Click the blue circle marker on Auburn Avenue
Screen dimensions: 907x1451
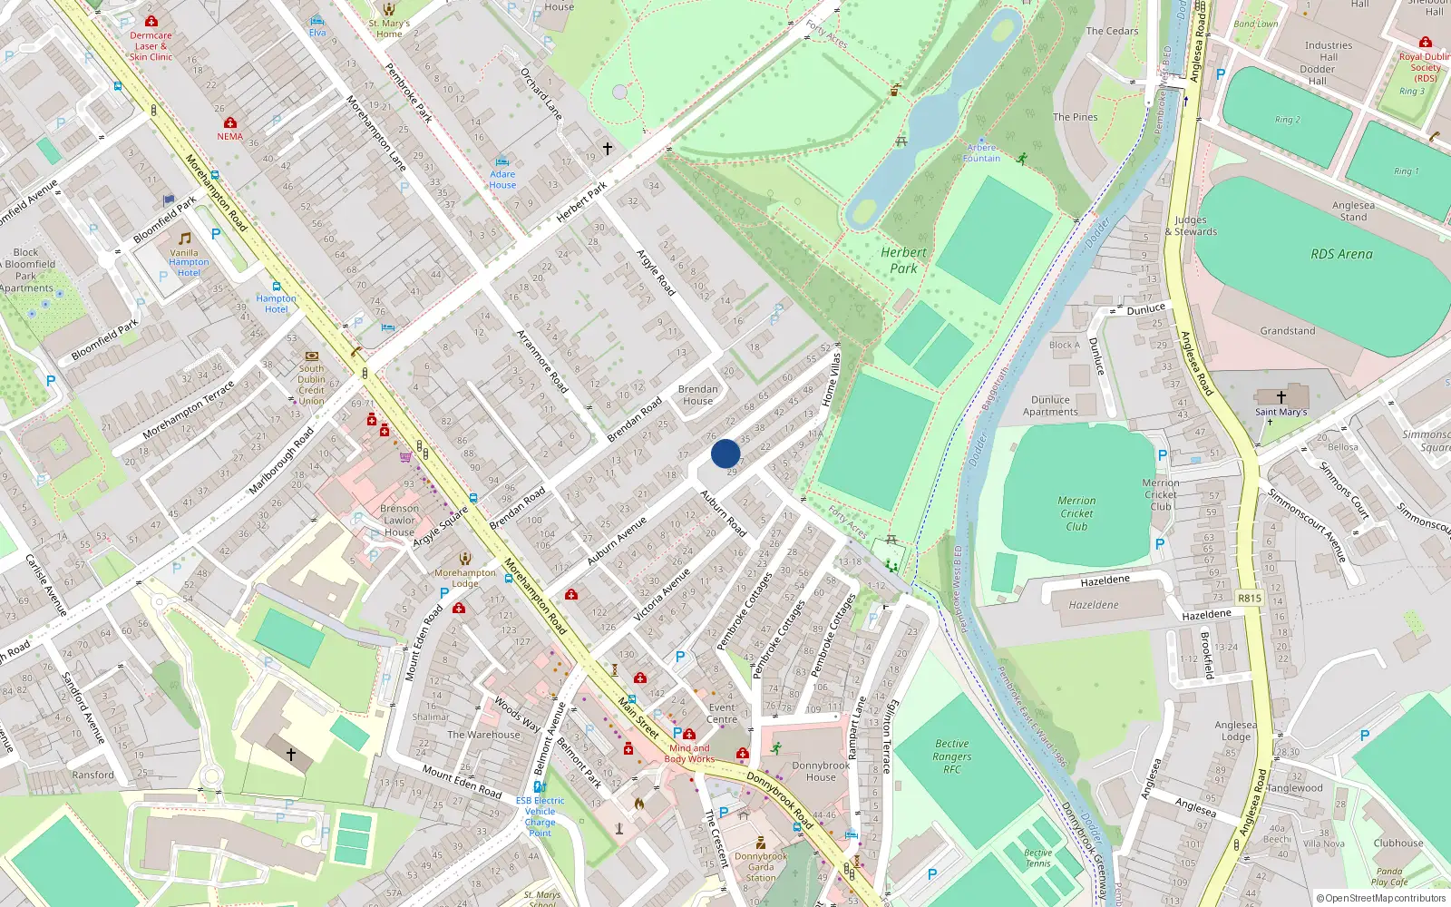click(725, 453)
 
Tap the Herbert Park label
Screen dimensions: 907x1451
click(903, 260)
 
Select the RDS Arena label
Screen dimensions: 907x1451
click(1341, 254)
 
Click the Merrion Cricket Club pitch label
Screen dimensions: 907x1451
click(1076, 513)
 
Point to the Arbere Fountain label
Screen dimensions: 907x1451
click(981, 152)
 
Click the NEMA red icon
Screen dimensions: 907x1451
click(230, 122)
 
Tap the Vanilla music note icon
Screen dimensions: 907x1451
click(185, 239)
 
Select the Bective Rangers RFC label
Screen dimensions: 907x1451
click(951, 756)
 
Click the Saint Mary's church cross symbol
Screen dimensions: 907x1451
click(1281, 396)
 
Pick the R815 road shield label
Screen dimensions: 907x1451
click(1249, 598)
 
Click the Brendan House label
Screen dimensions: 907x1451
click(697, 395)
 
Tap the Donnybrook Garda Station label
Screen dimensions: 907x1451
click(761, 866)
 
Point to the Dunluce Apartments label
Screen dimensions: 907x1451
click(1050, 405)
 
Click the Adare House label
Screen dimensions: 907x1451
click(502, 180)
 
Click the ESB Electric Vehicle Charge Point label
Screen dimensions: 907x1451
click(540, 816)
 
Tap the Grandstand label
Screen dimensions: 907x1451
click(1287, 331)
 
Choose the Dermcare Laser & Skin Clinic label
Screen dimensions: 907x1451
click(151, 46)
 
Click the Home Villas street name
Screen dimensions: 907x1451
click(830, 379)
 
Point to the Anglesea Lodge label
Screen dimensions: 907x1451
click(1235, 730)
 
